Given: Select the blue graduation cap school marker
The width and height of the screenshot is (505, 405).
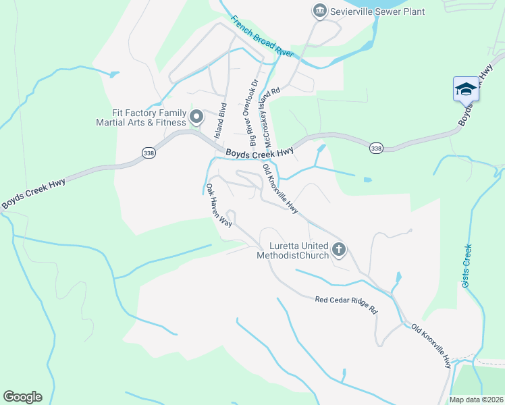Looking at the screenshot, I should pos(466,89).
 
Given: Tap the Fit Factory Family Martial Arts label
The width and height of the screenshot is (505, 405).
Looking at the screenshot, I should pos(140,117).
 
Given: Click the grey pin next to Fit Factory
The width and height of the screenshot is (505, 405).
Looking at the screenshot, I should pos(196,117).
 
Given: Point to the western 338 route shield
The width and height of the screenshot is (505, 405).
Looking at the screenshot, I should pos(149,155).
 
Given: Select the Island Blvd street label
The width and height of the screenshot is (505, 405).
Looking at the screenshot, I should pos(220,121).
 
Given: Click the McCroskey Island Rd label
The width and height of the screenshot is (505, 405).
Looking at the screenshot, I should pos(272,116).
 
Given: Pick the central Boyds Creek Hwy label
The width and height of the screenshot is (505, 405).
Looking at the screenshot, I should pos(259,153).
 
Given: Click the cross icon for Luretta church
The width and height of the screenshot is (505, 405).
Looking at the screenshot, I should pos(339,250).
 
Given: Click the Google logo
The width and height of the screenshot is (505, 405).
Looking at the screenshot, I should pos(22,397).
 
